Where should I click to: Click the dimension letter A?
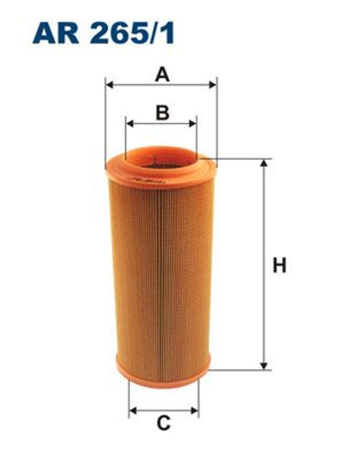point(162,74)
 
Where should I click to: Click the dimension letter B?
point(162,113)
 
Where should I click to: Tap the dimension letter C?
point(164,423)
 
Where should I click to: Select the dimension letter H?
point(279,266)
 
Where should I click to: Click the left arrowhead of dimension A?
point(109,85)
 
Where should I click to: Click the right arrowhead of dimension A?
point(212,85)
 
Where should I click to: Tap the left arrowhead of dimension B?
point(130,124)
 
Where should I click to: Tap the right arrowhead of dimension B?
point(193,124)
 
